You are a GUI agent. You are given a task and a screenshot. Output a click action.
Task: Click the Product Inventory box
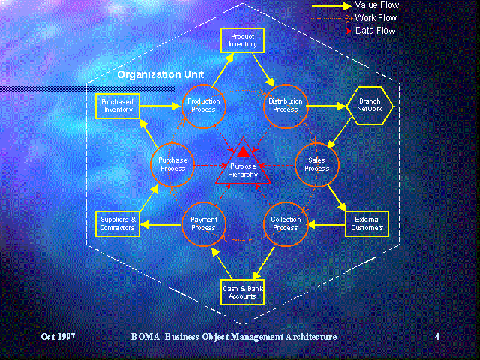tap(243, 40)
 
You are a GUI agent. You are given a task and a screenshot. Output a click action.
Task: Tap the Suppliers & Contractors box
tap(118, 223)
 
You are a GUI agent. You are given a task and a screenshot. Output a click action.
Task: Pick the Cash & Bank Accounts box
tap(242, 292)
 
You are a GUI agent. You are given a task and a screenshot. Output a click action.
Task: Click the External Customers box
tap(367, 223)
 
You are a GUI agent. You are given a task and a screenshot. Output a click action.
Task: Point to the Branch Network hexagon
tap(369, 106)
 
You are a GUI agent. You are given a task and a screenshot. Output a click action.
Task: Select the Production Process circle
tap(204, 106)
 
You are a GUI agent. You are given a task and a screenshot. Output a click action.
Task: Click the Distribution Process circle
tap(286, 106)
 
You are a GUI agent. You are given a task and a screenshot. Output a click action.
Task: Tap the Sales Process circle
tap(317, 165)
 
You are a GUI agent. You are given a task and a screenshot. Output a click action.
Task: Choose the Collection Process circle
tap(286, 223)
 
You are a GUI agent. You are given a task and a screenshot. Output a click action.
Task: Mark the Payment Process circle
tap(204, 223)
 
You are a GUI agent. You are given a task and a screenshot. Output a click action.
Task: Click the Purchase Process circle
tap(172, 165)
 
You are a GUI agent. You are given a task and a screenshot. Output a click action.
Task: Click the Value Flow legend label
tap(377, 5)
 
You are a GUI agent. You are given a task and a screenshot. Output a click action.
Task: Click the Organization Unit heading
tap(160, 75)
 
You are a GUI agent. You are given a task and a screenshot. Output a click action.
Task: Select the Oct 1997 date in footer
tap(58, 337)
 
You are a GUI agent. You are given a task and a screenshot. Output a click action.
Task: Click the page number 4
tap(437, 337)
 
